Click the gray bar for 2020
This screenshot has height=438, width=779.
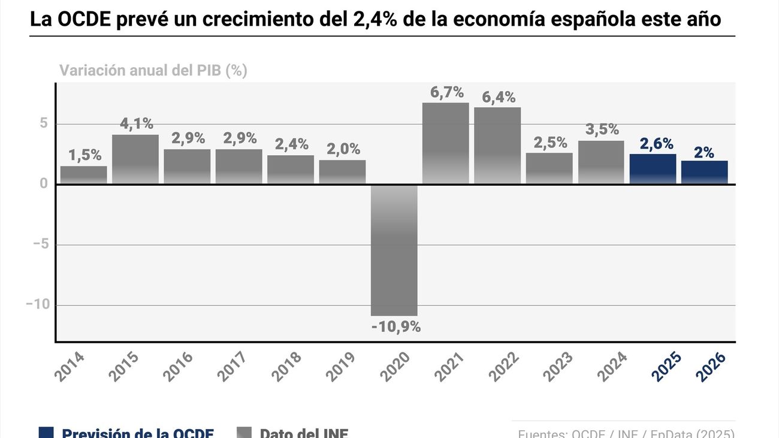pos(394,250)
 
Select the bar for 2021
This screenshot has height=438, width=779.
pos(446,143)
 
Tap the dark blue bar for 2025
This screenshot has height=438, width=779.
pos(653,169)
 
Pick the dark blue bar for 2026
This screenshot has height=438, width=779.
pos(704,172)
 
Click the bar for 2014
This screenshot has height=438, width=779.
pos(84,175)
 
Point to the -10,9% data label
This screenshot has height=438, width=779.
pos(395,327)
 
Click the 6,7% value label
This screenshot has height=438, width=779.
pos(447,92)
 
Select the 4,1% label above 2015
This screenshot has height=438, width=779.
pos(137,124)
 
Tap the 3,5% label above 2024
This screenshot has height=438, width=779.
pos(602,129)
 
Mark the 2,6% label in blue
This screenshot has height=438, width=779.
pos(656,144)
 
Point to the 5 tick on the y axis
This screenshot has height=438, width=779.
pos(44,124)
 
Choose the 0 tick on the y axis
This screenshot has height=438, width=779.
pos(44,184)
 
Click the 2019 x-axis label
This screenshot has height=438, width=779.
pos(340,367)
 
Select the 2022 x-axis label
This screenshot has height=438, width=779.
pos(503,367)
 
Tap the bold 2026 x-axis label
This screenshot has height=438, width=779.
pos(711,367)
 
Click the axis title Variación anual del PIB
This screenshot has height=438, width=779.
pos(153,71)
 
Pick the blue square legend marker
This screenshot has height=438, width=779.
pos(46,433)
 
